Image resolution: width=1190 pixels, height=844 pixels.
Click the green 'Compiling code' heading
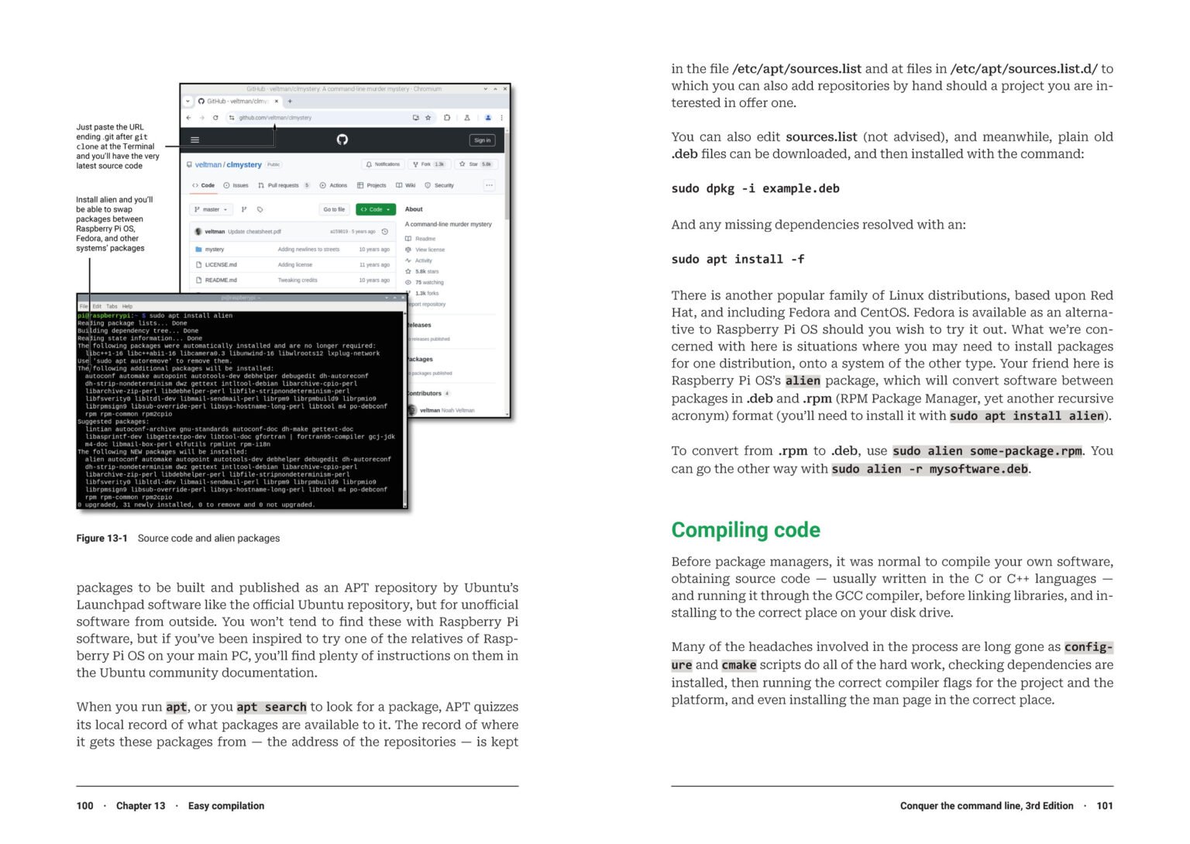(x=745, y=530)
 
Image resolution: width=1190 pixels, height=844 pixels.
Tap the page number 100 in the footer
(x=84, y=806)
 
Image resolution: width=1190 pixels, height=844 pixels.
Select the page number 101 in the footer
(x=1105, y=806)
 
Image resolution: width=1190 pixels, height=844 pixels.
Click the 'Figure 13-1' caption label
(x=101, y=539)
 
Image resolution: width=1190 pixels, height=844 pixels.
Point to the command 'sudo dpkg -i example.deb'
(x=755, y=188)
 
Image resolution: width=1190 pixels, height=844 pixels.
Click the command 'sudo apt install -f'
(x=738, y=260)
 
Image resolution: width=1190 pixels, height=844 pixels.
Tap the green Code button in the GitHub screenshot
(x=376, y=209)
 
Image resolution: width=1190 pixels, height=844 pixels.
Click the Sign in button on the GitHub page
(x=482, y=140)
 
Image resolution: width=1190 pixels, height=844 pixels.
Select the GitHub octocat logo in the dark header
(x=342, y=140)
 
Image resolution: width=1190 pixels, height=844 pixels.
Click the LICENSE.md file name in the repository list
(x=221, y=265)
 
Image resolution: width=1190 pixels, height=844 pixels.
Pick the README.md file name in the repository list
(x=221, y=281)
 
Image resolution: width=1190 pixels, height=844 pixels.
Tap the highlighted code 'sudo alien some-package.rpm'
(x=987, y=451)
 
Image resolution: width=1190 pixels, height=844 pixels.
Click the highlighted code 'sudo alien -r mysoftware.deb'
(x=930, y=469)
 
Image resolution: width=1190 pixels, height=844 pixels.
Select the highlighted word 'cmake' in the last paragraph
(x=738, y=665)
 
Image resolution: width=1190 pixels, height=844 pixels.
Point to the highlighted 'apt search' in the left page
(x=271, y=707)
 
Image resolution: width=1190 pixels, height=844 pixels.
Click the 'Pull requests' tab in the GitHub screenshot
(x=283, y=186)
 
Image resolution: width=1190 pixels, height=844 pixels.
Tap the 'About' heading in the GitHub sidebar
(x=414, y=209)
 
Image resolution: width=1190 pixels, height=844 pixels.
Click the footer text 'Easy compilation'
(x=226, y=806)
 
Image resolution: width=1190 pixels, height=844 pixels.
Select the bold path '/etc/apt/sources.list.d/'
(x=1023, y=69)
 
